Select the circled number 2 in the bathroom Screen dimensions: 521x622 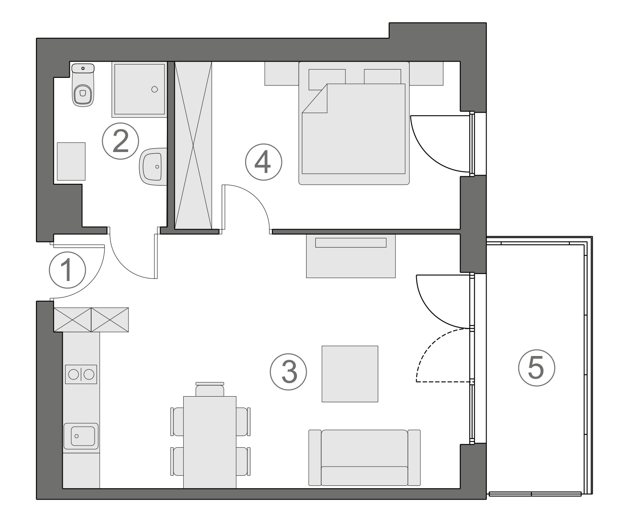[120, 141]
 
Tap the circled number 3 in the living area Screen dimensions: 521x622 [288, 371]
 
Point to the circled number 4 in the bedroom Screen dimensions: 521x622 [264, 162]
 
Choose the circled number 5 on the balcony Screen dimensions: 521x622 [536, 367]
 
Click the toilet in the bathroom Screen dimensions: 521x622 [82, 85]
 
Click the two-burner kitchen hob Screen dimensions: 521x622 [81, 374]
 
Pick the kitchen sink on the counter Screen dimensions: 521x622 [81, 436]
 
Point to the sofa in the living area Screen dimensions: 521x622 [364, 457]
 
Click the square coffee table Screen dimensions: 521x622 [350, 374]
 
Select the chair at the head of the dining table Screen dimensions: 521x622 [210, 389]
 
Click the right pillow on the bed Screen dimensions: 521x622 [382, 76]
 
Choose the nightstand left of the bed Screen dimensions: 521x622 [282, 74]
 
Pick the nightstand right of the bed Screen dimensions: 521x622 [426, 74]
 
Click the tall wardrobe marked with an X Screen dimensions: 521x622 [193, 145]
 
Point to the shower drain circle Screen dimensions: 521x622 [154, 89]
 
